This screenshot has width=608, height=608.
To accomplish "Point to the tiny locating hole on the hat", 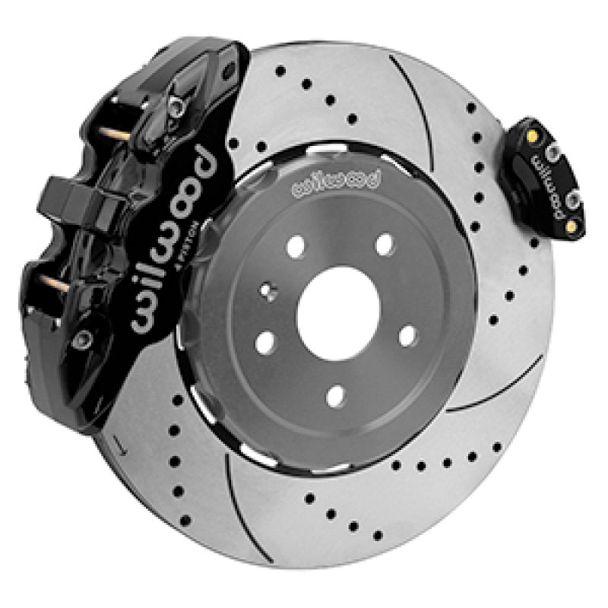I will pos(268,290).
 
